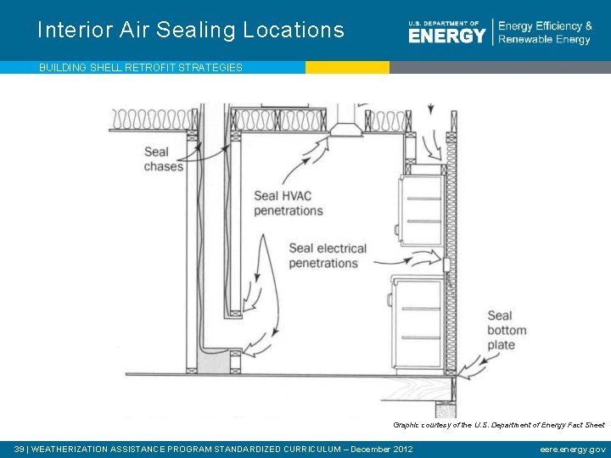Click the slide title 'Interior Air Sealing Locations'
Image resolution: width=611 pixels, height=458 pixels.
coord(191,31)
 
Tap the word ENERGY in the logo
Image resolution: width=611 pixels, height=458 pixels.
coord(446,35)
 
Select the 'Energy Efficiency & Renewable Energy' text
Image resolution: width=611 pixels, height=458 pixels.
coord(545,32)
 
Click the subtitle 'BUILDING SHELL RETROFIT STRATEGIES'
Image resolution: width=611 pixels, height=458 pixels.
coord(141,67)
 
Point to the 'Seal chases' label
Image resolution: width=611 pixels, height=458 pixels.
coord(163,159)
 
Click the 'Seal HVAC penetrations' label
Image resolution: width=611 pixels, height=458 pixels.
coord(289,204)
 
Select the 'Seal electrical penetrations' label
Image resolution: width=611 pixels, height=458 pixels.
coord(328,255)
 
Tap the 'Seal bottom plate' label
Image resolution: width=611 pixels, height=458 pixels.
coord(507,330)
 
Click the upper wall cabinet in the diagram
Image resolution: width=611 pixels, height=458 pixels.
coord(422,209)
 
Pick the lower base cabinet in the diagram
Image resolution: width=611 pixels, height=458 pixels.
coord(417,323)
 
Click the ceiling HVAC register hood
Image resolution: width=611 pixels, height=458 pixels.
coord(345,127)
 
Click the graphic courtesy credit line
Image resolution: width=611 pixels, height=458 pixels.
coord(498,424)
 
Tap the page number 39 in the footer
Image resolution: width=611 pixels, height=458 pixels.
coord(20,449)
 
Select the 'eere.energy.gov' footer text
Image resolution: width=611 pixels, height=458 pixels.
coord(572,449)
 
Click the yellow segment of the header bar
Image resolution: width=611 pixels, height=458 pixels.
coord(347,67)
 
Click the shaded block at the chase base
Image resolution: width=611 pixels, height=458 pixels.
coord(213,362)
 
